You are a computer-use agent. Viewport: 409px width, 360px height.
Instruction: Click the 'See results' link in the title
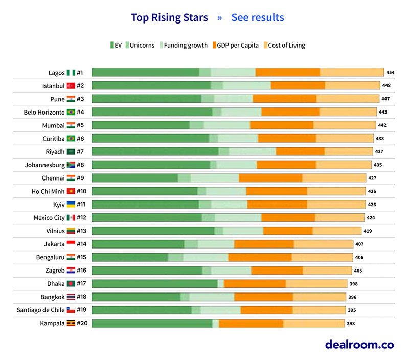tap(257, 18)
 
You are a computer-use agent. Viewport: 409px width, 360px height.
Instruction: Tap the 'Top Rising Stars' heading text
tap(169, 18)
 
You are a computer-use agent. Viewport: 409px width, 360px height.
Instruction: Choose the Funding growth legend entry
tap(185, 46)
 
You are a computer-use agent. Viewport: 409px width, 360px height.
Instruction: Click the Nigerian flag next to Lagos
tap(71, 73)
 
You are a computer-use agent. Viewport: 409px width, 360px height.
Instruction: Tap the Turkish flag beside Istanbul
tap(71, 86)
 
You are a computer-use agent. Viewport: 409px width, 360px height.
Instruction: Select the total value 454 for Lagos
tap(390, 73)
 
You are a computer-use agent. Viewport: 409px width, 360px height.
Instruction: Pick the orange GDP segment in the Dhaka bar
tap(255, 283)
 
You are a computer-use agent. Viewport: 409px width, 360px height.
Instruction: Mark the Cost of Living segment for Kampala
tap(313, 323)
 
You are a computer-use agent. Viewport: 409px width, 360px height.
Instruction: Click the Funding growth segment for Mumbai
tap(227, 125)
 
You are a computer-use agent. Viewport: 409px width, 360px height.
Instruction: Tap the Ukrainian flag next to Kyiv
tap(71, 205)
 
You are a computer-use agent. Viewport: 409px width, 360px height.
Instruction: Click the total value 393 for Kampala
tap(350, 323)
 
